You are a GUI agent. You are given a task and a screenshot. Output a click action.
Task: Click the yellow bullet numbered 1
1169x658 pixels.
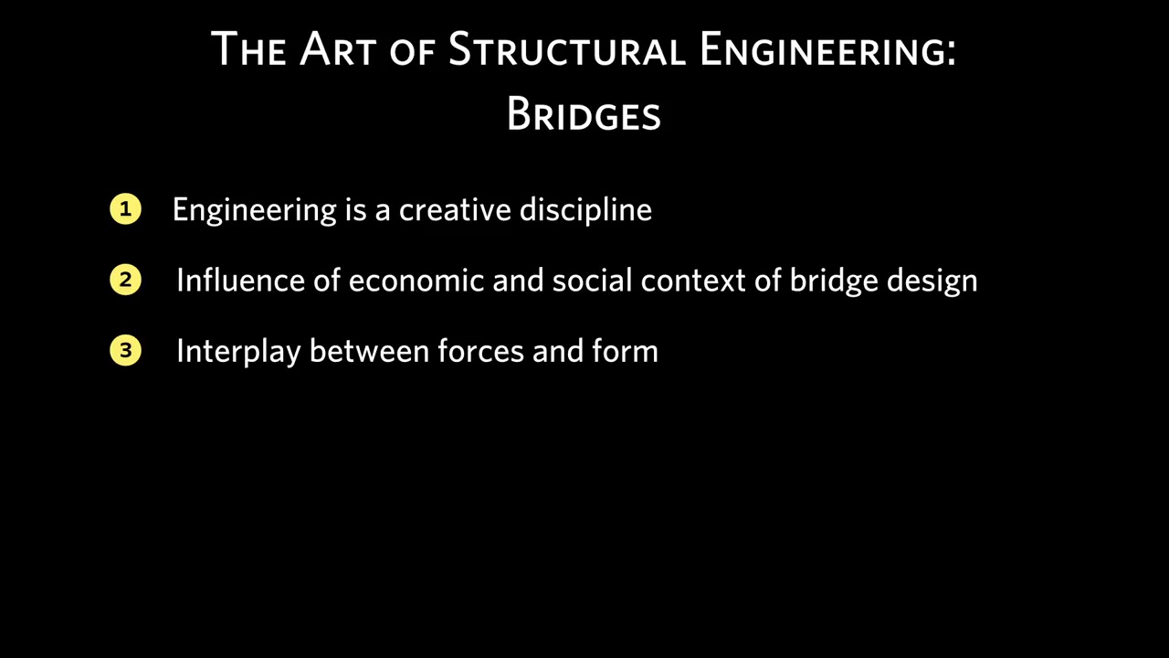click(x=125, y=209)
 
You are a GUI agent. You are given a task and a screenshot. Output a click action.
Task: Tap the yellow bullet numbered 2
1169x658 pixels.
click(x=125, y=280)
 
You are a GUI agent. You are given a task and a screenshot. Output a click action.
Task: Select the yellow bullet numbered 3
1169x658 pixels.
click(x=125, y=350)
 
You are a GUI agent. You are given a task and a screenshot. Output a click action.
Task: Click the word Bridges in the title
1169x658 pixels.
click(x=584, y=114)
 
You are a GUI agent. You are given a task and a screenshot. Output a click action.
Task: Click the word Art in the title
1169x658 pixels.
click(x=338, y=48)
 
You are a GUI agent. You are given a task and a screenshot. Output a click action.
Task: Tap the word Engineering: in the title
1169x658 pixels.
click(x=828, y=50)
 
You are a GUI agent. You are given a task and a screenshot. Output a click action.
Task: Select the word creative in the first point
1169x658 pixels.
click(x=455, y=209)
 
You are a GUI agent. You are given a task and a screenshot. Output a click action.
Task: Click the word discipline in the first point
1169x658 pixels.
click(x=585, y=210)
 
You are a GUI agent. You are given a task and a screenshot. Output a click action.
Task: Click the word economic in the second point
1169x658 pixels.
click(x=416, y=281)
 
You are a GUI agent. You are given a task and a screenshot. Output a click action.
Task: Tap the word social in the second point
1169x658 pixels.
click(x=593, y=280)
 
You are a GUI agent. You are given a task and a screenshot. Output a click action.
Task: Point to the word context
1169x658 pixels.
click(x=693, y=281)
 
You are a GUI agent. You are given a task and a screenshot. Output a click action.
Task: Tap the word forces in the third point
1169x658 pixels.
click(x=480, y=350)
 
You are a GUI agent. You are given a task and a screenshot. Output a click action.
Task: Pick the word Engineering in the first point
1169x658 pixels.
click(x=255, y=210)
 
